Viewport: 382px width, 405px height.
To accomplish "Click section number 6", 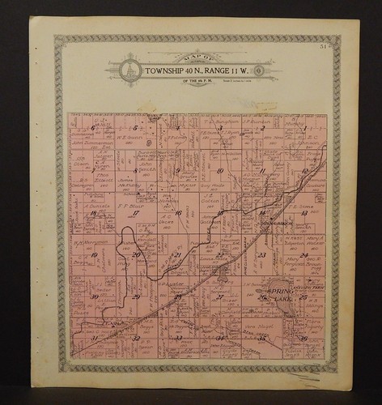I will pyautogui.click(x=93, y=128).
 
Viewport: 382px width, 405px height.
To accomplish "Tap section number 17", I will pyautogui.click(x=136, y=213).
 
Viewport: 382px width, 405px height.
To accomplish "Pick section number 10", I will pyautogui.click(x=219, y=171).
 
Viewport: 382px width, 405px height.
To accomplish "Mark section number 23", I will pyautogui.click(x=261, y=255).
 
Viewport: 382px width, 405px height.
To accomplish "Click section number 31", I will pyautogui.click(x=94, y=338).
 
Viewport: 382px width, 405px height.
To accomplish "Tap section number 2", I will pyautogui.click(x=262, y=128).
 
